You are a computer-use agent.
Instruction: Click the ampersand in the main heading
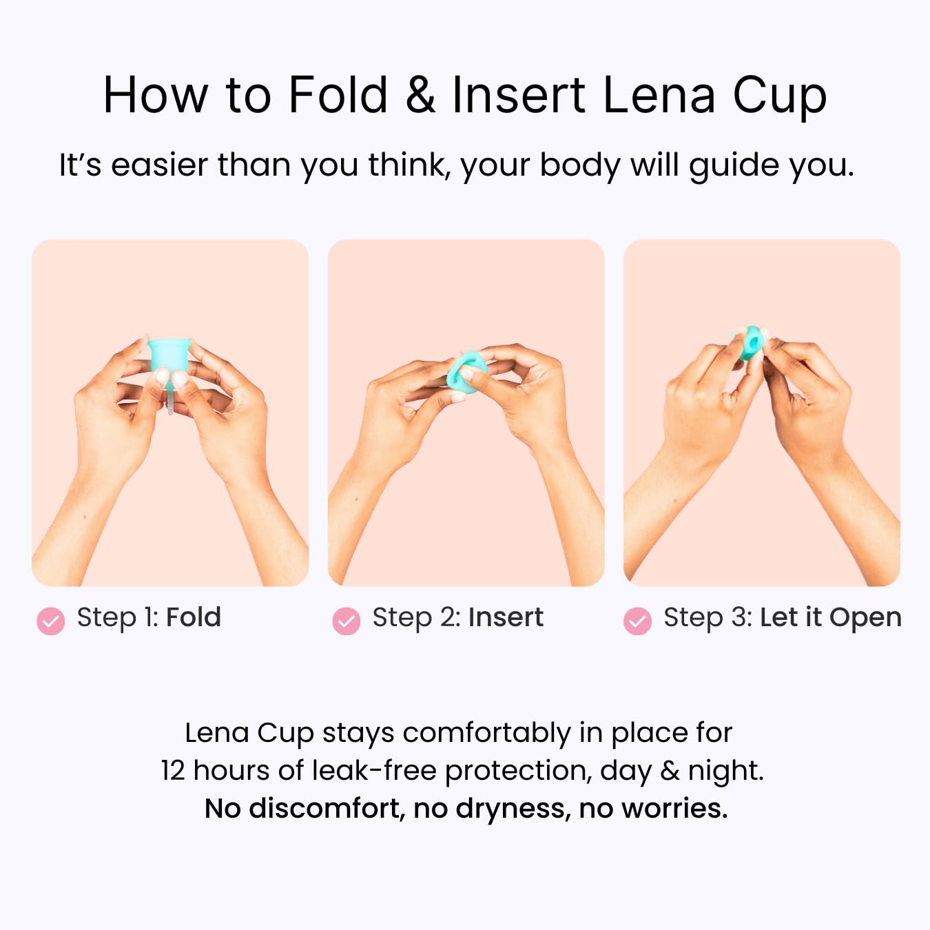tap(421, 95)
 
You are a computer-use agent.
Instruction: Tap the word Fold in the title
tap(338, 94)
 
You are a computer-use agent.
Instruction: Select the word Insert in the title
tap(519, 95)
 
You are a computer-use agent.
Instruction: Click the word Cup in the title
tap(780, 99)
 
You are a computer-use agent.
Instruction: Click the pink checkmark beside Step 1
tap(51, 621)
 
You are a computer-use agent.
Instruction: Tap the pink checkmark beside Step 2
tap(346, 621)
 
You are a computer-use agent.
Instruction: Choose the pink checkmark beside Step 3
tap(637, 621)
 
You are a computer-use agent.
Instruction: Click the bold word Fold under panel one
tap(194, 617)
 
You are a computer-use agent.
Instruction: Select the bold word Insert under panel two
tap(506, 617)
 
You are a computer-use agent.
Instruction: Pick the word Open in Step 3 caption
tap(865, 619)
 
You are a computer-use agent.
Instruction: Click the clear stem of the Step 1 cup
tap(170, 400)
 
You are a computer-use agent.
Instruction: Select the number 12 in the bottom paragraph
tap(173, 771)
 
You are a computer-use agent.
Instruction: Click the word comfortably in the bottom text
tap(487, 734)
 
